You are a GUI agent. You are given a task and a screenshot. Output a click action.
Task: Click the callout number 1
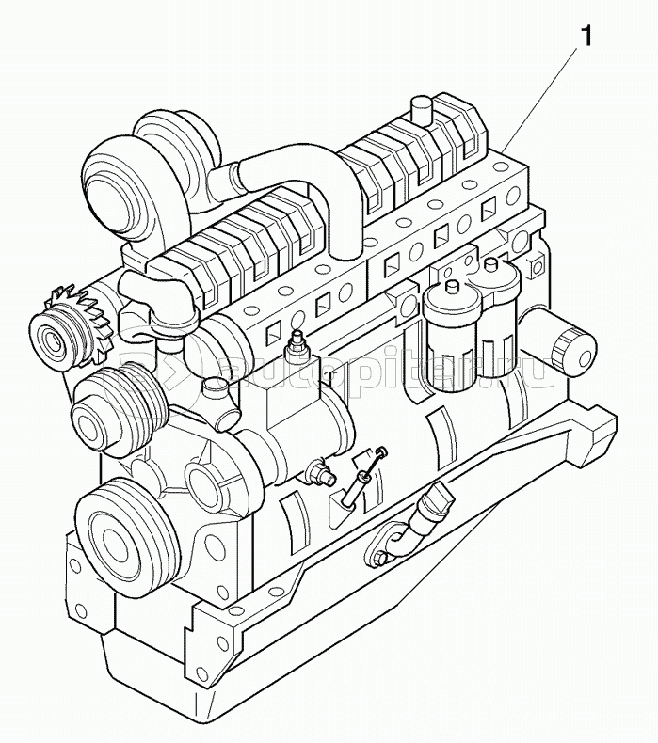pos(586,38)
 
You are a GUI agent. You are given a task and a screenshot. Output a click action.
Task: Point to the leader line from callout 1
pos(547,94)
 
